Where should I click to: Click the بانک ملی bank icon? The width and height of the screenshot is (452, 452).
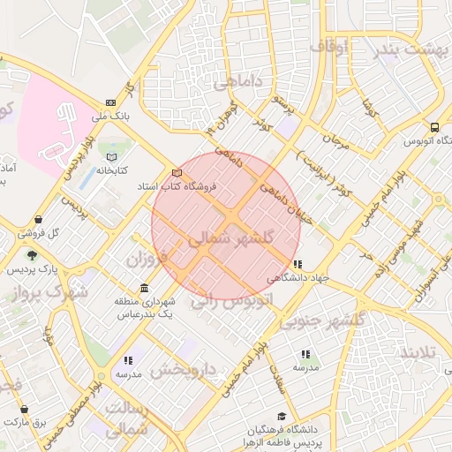(109, 102)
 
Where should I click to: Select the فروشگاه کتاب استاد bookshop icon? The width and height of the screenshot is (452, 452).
(177, 173)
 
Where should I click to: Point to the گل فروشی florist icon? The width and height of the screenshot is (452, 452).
(38, 221)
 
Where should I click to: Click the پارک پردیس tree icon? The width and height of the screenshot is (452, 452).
(33, 255)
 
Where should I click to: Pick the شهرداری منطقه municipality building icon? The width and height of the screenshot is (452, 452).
(144, 289)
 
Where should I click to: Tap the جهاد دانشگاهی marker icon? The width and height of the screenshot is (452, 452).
(298, 264)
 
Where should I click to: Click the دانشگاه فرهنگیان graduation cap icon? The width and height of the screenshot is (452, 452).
(281, 416)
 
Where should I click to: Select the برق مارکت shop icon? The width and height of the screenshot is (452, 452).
(23, 410)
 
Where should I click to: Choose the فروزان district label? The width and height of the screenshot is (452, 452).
(147, 260)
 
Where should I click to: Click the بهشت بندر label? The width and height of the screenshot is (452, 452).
(411, 48)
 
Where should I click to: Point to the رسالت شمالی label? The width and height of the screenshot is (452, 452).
(126, 420)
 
